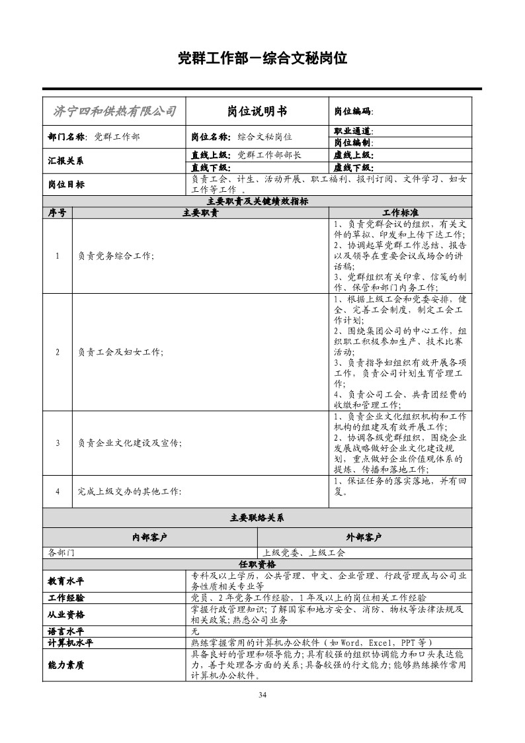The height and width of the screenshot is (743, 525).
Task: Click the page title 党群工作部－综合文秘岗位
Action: pyautogui.click(x=262, y=58)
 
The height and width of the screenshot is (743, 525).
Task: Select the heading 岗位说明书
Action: pyautogui.click(x=257, y=111)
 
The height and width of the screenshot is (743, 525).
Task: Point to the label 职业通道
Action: pyautogui.click(x=353, y=131)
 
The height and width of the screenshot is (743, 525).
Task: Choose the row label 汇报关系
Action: pyautogui.click(x=65, y=161)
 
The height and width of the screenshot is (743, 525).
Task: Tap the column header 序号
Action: pyautogui.click(x=57, y=213)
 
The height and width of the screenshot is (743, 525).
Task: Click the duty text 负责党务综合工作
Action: pyautogui.click(x=115, y=256)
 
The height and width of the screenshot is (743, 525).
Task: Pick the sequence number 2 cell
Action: pyautogui.click(x=58, y=352)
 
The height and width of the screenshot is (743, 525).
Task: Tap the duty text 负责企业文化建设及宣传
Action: pyautogui.click(x=129, y=443)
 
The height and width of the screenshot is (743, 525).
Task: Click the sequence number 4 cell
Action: pyautogui.click(x=58, y=491)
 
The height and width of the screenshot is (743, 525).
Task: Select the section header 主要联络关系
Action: pyautogui.click(x=257, y=518)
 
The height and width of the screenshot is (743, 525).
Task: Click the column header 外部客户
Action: pyautogui.click(x=364, y=537)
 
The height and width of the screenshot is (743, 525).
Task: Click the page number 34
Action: pyautogui.click(x=262, y=695)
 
